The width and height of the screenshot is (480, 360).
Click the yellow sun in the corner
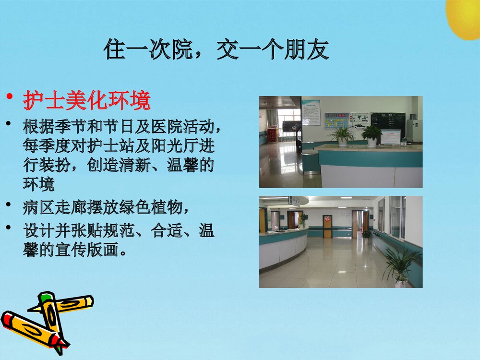pos(464,17)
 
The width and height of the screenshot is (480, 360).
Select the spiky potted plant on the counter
pos(342,135)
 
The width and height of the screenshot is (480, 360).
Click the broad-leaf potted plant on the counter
pos(372,134)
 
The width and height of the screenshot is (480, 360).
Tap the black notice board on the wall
pos(388,124)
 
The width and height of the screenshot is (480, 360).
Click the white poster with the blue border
pos(311,112)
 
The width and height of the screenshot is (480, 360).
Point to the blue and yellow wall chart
pos(337,120)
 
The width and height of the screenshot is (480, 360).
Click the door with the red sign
pos(327,227)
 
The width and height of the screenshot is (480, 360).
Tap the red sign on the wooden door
pos(327,221)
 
